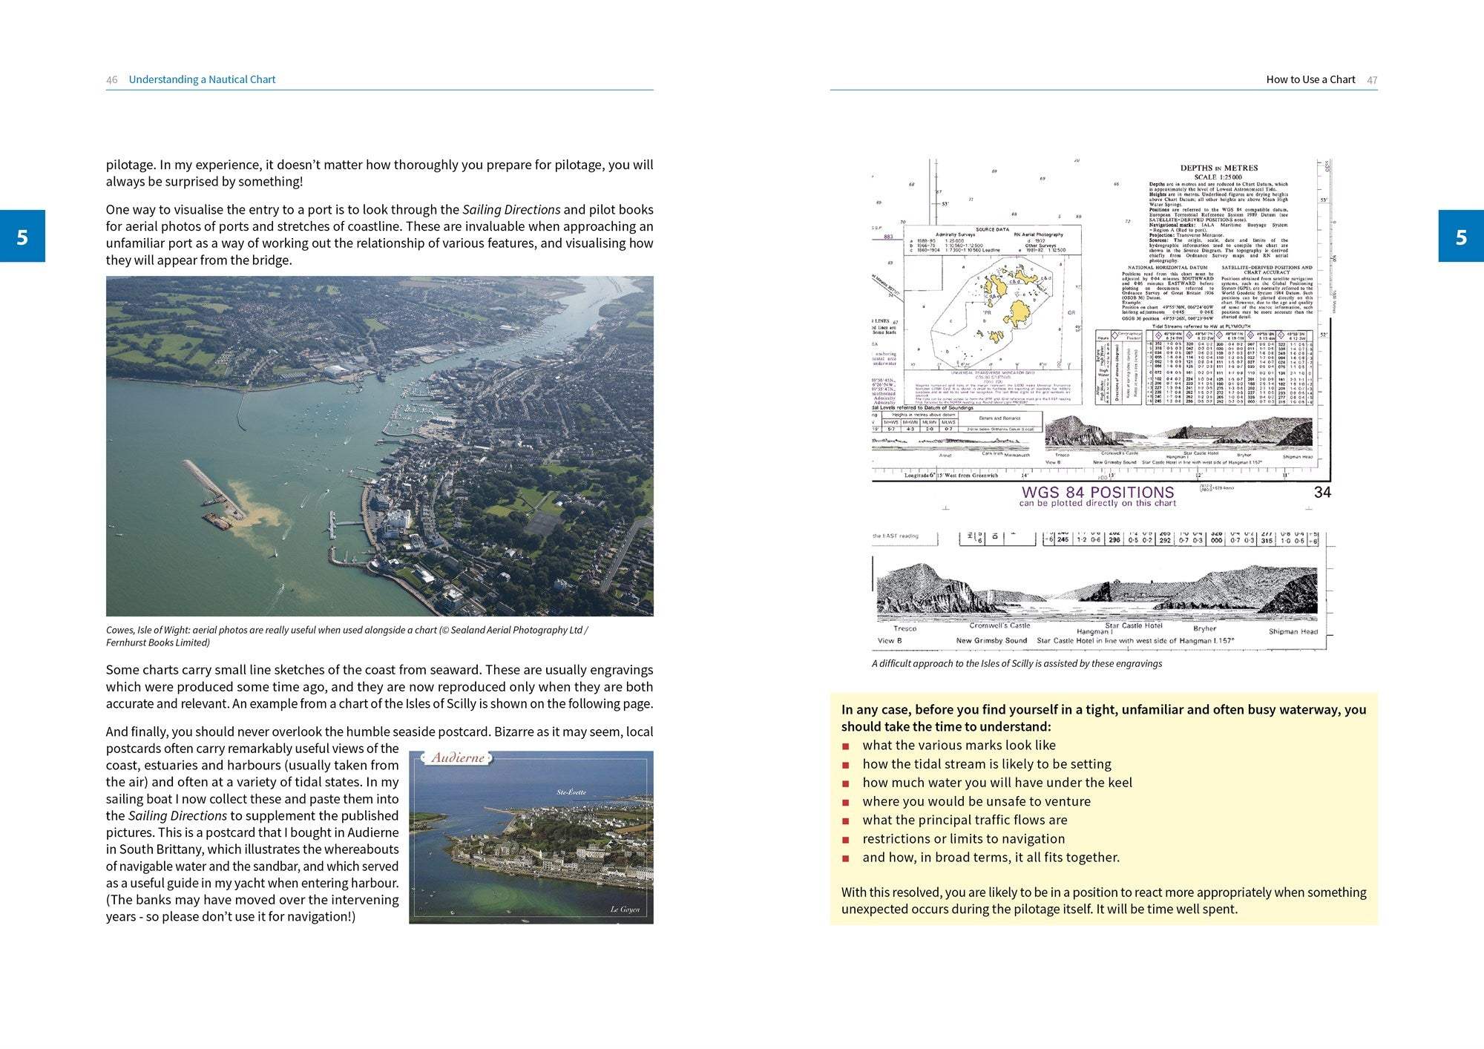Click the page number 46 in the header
click(111, 79)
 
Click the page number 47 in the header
click(1372, 79)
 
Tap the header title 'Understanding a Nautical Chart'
click(202, 79)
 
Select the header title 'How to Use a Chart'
click(1310, 79)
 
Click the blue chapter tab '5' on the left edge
click(22, 236)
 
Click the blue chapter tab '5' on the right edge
click(1461, 236)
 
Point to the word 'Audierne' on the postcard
click(458, 757)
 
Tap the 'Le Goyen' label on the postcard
click(625, 910)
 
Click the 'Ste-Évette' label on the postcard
click(571, 792)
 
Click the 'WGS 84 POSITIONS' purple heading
click(1097, 493)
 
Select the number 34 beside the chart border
click(1322, 493)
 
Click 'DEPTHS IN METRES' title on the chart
click(1219, 168)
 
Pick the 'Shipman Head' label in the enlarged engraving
click(1293, 631)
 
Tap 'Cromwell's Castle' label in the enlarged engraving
click(1000, 625)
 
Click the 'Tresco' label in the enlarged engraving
click(904, 628)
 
